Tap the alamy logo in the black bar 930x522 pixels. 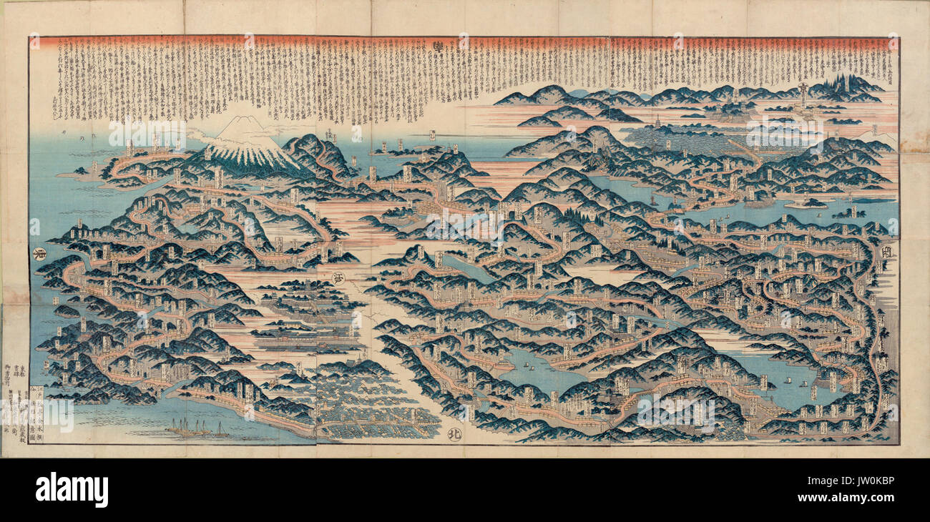click(72, 490)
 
